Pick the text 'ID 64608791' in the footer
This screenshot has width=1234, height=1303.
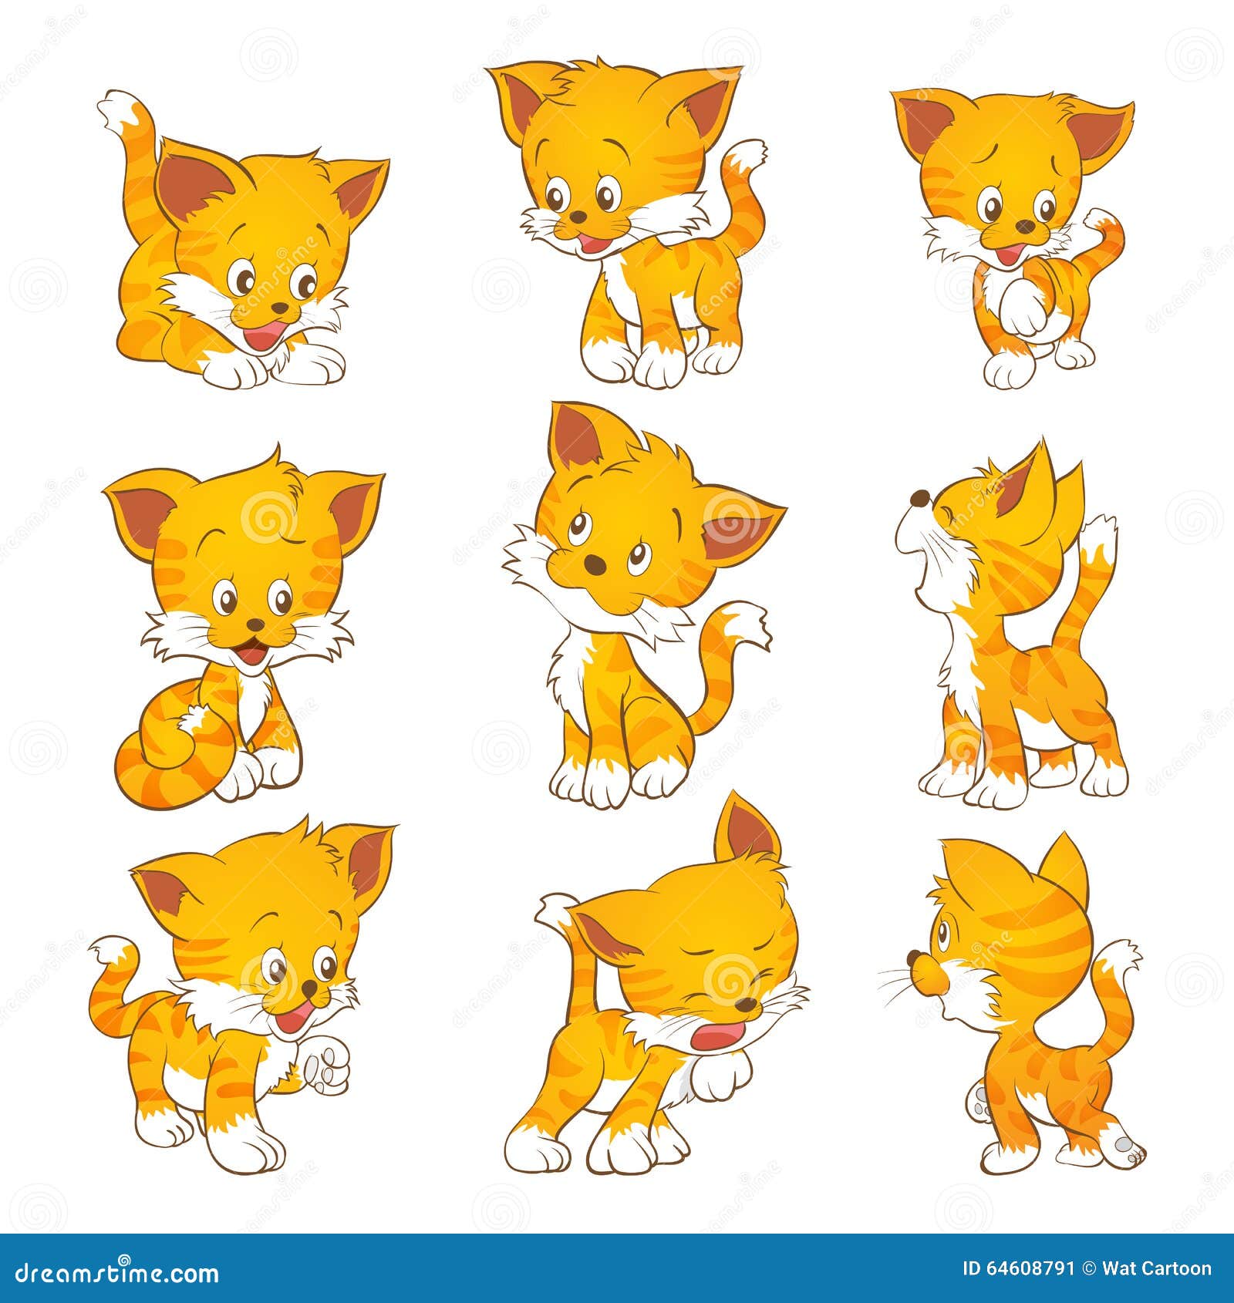(x=1018, y=1269)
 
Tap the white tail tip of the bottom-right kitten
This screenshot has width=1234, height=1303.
(x=1118, y=960)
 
